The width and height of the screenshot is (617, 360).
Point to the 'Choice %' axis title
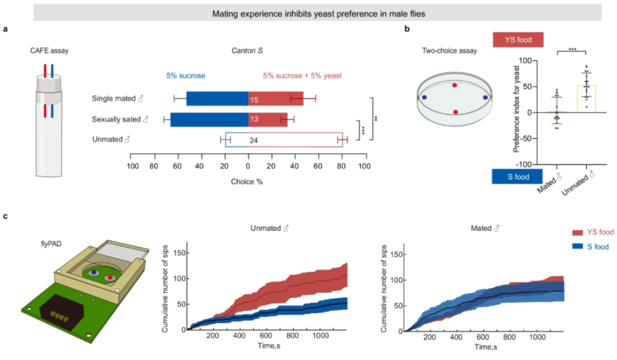pos(247,181)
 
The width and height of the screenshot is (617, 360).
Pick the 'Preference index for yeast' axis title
pos(517,113)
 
